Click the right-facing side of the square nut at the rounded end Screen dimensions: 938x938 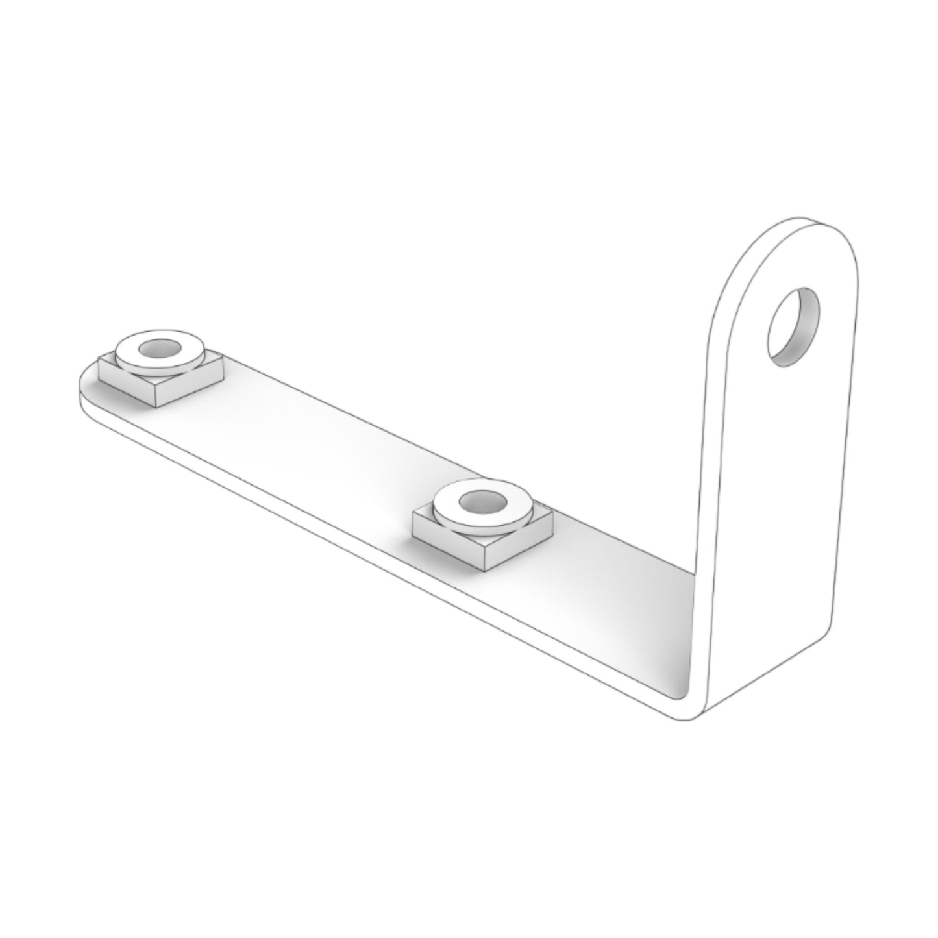coord(188,388)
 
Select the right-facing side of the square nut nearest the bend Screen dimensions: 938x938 coord(519,549)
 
